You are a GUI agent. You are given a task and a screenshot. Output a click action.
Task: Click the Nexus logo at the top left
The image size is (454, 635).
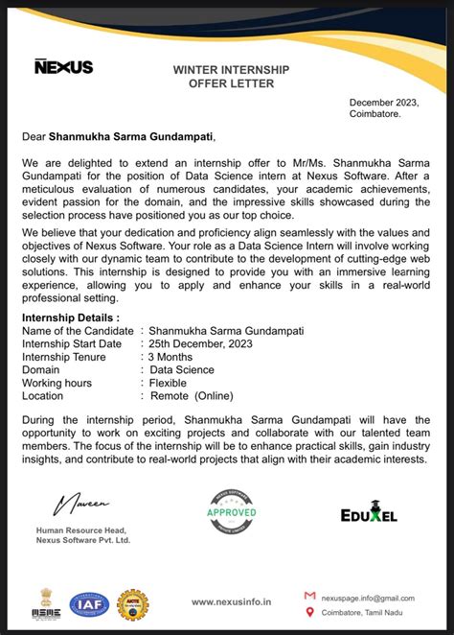(63, 66)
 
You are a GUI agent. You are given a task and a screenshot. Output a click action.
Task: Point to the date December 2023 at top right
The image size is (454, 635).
(383, 102)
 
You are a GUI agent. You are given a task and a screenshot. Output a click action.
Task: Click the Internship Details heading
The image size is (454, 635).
(71, 317)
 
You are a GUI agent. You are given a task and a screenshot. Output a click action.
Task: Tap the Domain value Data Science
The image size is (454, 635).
(181, 369)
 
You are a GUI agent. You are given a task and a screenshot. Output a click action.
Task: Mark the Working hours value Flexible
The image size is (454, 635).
(168, 383)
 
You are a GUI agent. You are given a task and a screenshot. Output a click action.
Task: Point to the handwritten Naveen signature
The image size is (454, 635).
(82, 503)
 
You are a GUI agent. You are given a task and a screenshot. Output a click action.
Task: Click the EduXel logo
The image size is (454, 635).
(369, 515)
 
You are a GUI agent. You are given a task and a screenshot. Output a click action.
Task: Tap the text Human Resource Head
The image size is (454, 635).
(81, 529)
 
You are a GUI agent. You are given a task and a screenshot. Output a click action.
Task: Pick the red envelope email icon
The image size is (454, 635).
(309, 596)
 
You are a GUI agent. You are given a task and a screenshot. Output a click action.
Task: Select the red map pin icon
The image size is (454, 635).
(309, 612)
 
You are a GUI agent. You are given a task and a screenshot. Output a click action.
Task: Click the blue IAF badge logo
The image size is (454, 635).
(88, 604)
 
